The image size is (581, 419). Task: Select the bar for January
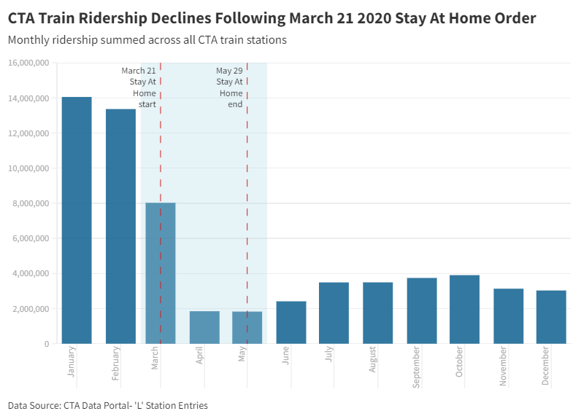(77, 220)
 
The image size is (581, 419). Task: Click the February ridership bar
(120, 227)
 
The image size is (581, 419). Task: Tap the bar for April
(204, 327)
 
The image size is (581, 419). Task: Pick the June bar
(291, 323)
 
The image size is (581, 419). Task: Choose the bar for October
(465, 310)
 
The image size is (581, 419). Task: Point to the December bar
(551, 317)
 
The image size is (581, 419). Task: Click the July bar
(334, 313)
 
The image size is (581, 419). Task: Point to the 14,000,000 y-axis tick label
(28, 98)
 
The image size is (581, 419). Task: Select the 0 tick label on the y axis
(47, 344)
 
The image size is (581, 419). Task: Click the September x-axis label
(416, 367)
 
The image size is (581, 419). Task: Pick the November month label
(503, 366)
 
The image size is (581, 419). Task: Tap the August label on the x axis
(372, 359)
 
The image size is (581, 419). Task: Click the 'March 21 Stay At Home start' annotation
(139, 87)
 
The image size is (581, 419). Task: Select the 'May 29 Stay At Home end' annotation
(230, 87)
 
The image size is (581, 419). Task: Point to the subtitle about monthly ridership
(147, 40)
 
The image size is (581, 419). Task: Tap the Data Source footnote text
(108, 406)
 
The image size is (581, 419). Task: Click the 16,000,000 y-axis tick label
(28, 63)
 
